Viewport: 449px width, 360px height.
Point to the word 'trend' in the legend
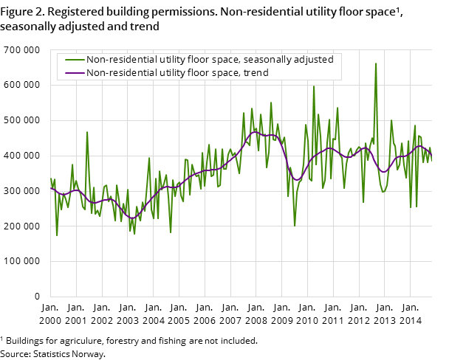click(x=253, y=73)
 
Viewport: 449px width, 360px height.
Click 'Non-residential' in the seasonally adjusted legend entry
click(x=119, y=60)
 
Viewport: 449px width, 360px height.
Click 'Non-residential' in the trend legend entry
click(x=119, y=73)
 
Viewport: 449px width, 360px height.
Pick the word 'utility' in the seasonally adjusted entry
click(x=168, y=60)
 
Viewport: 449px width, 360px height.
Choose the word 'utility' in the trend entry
click(x=168, y=73)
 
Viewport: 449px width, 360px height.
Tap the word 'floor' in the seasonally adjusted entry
click(x=196, y=60)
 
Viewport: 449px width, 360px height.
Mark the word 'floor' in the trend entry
click(x=196, y=73)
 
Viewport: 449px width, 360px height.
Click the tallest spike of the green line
click(x=375, y=63)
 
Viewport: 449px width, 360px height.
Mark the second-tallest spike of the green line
click(x=313, y=86)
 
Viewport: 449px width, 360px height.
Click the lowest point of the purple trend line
click(x=133, y=218)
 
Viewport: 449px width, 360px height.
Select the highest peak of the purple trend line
click(x=255, y=132)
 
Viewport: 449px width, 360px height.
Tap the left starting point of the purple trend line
click(x=50, y=188)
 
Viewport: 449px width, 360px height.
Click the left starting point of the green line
click(x=50, y=178)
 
